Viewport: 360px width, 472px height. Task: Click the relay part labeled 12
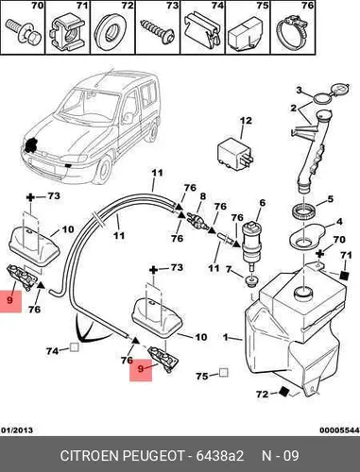235,153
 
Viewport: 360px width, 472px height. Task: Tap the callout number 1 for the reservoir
225,337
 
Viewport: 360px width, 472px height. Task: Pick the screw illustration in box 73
158,30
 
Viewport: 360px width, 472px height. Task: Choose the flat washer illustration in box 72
111,30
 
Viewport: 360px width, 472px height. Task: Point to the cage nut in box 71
67,31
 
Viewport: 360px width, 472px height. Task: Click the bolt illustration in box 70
23,30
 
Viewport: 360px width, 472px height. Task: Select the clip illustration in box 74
202,30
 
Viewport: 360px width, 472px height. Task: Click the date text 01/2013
17,430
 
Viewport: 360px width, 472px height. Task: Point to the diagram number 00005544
339,430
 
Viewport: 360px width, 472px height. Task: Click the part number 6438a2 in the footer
220,456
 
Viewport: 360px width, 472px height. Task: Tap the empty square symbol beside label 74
74,347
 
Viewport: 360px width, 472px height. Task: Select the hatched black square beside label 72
283,392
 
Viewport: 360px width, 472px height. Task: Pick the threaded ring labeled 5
301,211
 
